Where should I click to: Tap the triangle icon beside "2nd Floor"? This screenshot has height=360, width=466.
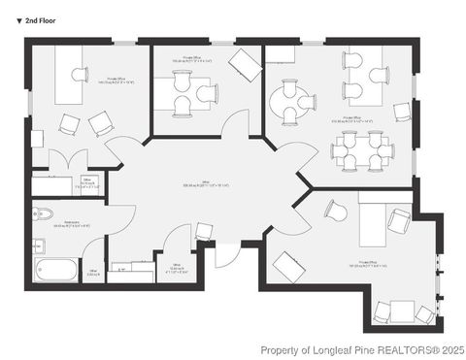[x=19, y=19]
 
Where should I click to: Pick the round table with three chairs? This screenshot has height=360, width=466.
[x=292, y=100]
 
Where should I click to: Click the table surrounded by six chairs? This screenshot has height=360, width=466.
[x=361, y=151]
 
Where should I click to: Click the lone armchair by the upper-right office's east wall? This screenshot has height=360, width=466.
[x=402, y=111]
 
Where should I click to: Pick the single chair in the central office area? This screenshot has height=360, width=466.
[x=205, y=231]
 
